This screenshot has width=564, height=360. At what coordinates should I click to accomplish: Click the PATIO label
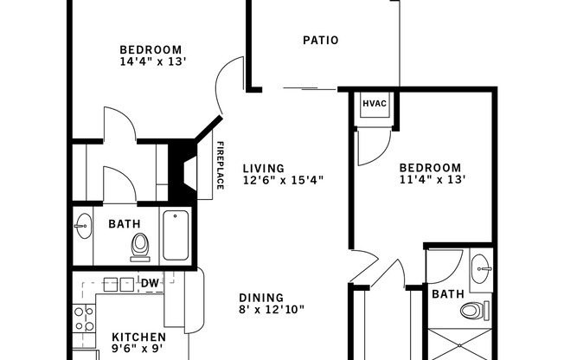point(320,40)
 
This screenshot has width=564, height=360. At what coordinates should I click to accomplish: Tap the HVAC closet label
point(374,103)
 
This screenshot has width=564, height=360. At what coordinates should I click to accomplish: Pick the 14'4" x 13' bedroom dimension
point(153,61)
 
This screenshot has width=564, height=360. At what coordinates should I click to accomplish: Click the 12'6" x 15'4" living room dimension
point(283,181)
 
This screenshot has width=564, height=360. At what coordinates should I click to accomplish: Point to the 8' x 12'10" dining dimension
point(272,309)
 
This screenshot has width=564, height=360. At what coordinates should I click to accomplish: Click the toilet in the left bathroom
point(139,247)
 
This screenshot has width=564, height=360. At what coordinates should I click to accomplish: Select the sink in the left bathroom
point(82,228)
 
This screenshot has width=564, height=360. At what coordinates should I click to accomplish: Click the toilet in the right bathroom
point(474,311)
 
